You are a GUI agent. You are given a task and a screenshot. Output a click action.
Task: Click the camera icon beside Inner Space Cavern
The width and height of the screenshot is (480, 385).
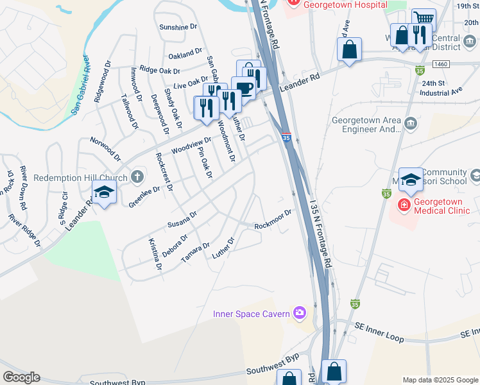[299, 313]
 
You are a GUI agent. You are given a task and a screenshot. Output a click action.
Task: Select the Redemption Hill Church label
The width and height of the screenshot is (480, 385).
[80, 177]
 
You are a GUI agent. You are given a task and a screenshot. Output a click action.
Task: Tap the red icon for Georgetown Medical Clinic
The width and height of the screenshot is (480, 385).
[404, 205]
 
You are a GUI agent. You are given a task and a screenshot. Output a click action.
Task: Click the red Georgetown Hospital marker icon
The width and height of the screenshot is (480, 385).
[295, 3]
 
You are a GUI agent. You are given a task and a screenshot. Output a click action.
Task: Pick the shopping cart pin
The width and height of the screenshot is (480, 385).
[423, 19]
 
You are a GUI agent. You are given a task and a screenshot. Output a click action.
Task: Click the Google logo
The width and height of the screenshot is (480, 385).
[21, 377]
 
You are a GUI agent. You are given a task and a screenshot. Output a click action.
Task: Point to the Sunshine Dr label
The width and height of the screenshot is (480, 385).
[178, 28]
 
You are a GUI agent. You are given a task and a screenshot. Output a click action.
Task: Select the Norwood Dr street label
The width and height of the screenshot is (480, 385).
[105, 148]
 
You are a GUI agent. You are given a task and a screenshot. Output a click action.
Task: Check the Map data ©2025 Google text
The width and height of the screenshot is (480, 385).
[440, 380]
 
